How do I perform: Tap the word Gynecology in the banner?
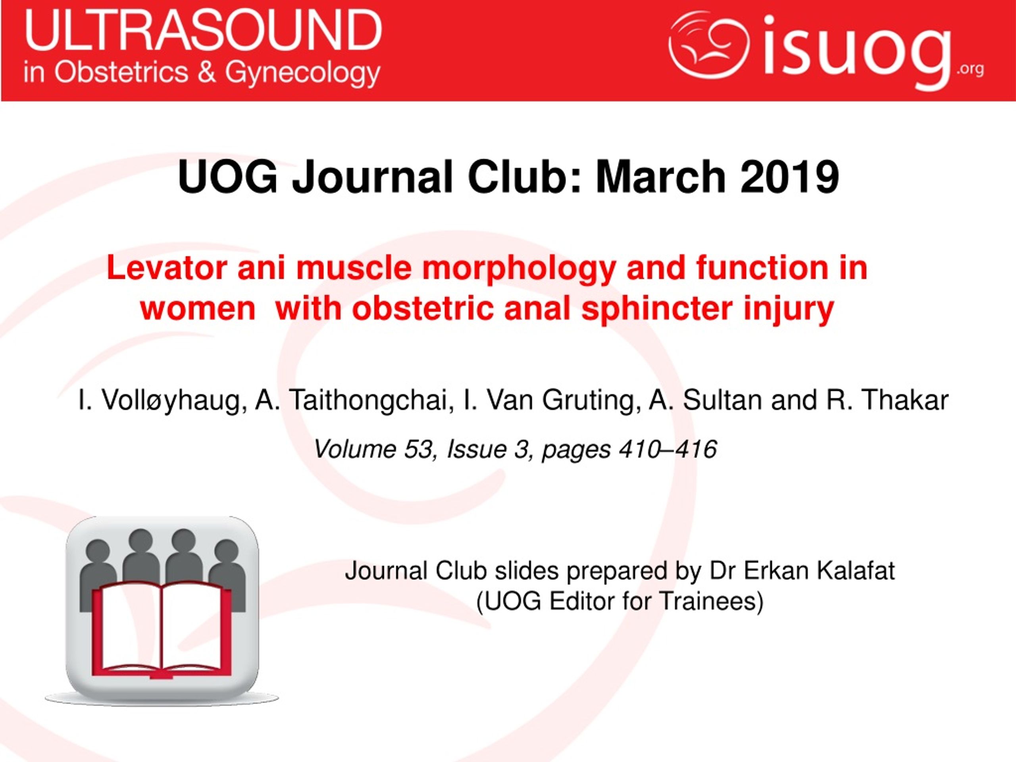[x=303, y=73]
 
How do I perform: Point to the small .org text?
[x=970, y=70]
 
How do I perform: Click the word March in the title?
[x=660, y=177]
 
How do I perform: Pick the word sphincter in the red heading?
[x=657, y=309]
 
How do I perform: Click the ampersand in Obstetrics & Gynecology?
[x=207, y=73]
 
